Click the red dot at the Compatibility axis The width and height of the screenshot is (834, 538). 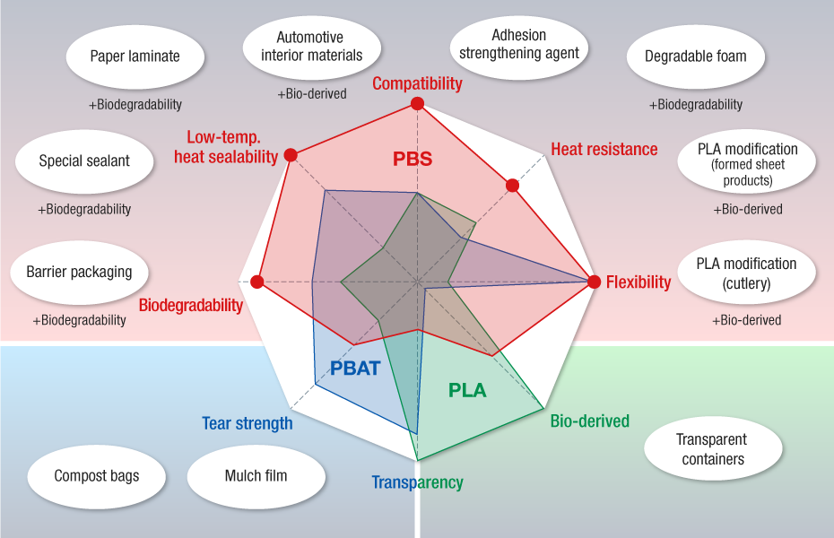417,105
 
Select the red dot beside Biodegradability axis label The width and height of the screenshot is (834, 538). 257,282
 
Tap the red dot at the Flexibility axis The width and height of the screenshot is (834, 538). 594,282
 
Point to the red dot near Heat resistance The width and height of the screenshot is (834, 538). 512,186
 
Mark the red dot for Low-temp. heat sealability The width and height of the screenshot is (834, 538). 291,155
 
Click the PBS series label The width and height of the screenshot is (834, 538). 413,160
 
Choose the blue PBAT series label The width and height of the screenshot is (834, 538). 355,368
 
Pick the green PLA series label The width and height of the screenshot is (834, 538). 467,390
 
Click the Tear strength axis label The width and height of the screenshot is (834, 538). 248,423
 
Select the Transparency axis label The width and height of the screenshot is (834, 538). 418,482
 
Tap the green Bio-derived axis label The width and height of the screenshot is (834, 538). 589,421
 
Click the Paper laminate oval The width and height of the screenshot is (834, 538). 135,56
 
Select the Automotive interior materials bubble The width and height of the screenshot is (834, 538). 311,47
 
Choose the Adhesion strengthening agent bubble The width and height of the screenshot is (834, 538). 519,45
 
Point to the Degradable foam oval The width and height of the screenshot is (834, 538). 695,56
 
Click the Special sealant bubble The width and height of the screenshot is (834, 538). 84,161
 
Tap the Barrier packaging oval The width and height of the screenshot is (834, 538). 79,272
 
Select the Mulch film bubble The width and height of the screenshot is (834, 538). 256,475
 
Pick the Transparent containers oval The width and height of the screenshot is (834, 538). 711,449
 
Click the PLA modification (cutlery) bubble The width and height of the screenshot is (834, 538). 746,273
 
